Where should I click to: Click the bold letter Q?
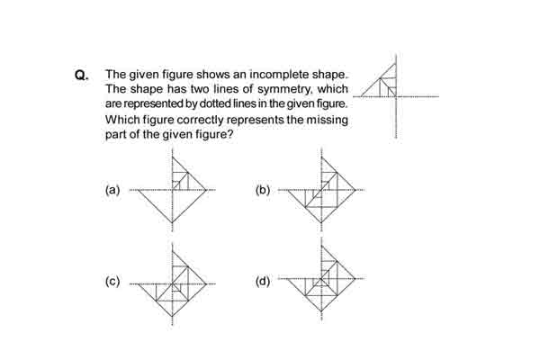point(81,75)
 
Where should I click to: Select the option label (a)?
point(112,190)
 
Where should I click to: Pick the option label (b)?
point(263,190)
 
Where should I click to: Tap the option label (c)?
point(112,281)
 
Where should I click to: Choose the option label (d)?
point(263,281)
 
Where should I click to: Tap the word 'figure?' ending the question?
point(214,134)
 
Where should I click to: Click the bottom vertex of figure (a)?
point(172,223)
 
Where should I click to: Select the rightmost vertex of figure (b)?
point(355,190)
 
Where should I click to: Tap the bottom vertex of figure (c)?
point(172,316)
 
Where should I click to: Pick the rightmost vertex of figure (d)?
point(355,278)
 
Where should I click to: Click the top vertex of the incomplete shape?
point(396,63)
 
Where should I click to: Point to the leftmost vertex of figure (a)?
point(139,190)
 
